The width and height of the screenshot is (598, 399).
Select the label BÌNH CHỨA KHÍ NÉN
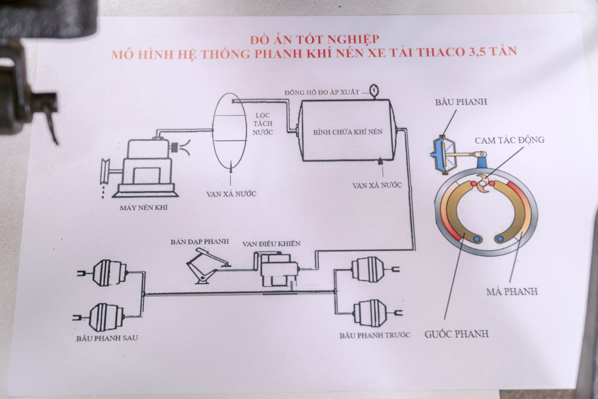[x=348, y=132]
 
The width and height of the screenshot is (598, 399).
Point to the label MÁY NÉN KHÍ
[x=144, y=207]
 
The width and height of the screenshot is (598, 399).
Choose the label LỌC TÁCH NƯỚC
[x=263, y=124]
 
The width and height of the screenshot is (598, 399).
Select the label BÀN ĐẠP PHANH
[x=200, y=241]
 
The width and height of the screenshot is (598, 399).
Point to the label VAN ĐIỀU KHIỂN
[x=272, y=244]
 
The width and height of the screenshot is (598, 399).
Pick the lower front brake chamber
[x=376, y=313]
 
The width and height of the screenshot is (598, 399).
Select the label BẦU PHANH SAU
[x=107, y=338]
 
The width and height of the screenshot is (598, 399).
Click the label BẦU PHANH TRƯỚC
[x=375, y=335]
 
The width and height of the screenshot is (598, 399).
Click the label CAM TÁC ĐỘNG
[x=509, y=140]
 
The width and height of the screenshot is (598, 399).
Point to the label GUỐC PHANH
[x=457, y=334]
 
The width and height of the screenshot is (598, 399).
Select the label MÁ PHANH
[x=512, y=292]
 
